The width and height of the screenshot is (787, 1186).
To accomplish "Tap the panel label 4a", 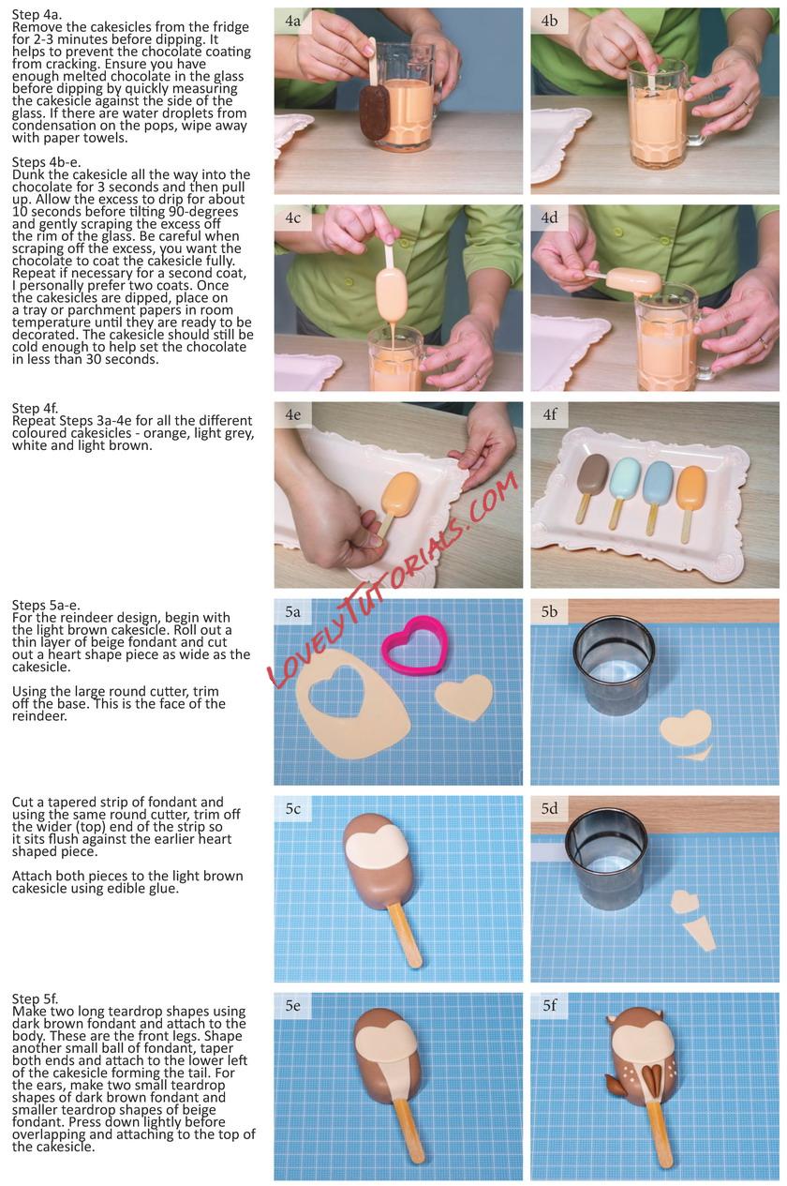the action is [x=292, y=22].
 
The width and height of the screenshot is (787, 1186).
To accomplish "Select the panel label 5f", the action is [x=549, y=1005].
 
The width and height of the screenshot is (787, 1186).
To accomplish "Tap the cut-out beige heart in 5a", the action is [x=464, y=697].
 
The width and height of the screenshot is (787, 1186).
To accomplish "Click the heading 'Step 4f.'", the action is [x=35, y=408].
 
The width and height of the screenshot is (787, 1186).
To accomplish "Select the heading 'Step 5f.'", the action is [x=35, y=998].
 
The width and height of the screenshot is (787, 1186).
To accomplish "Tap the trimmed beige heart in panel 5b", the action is [x=686, y=728].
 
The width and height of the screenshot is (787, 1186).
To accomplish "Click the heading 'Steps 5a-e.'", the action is [x=46, y=605].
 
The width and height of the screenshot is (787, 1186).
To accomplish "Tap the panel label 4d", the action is [x=549, y=218].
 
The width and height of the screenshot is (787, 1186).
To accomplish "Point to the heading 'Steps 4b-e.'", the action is [x=47, y=162].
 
